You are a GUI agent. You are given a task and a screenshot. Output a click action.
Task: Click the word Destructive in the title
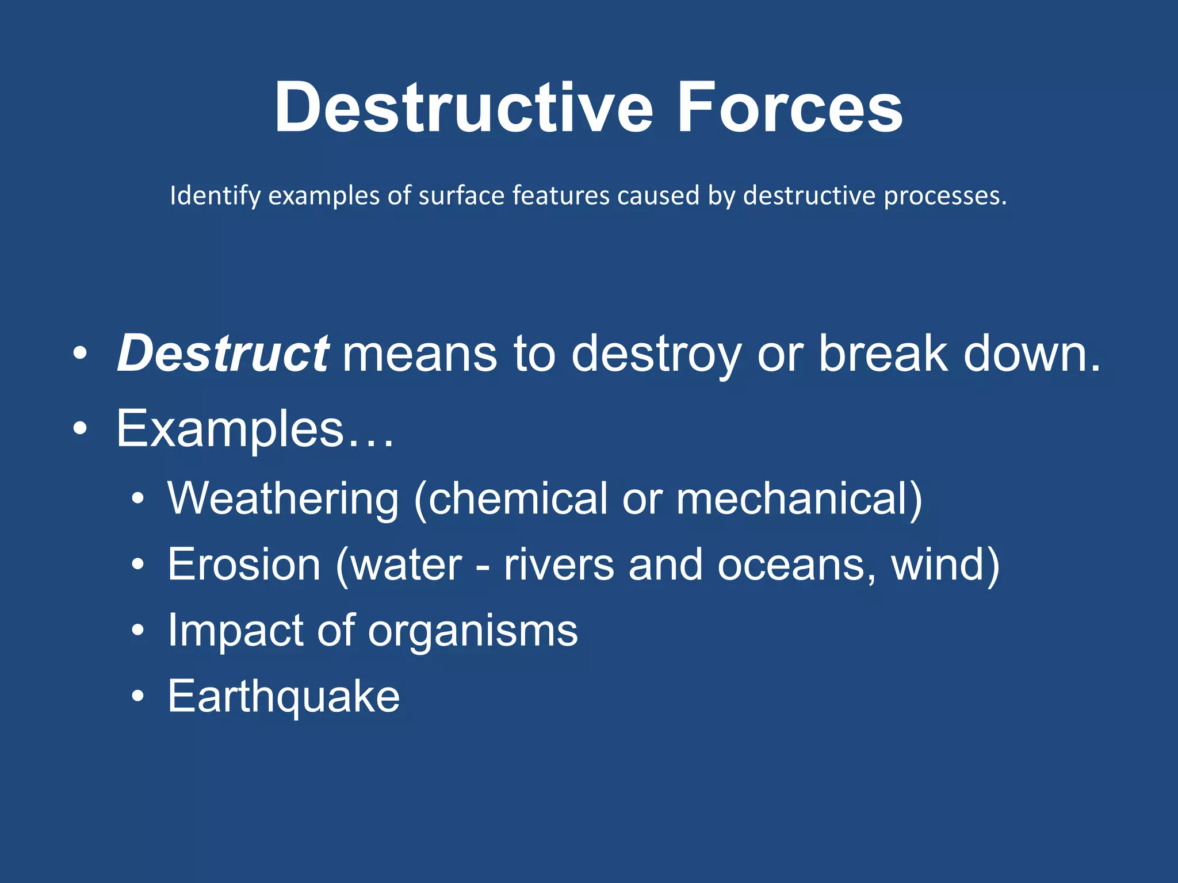pos(463,108)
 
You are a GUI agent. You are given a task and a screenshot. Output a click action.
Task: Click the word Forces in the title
pos(789,108)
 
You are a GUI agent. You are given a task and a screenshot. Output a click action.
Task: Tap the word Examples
pos(230,429)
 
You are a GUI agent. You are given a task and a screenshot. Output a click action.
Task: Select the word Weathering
pos(283,498)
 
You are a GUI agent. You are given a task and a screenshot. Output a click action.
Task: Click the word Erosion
pos(244,565)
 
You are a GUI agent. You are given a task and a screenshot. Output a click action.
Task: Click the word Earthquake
pos(284,697)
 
